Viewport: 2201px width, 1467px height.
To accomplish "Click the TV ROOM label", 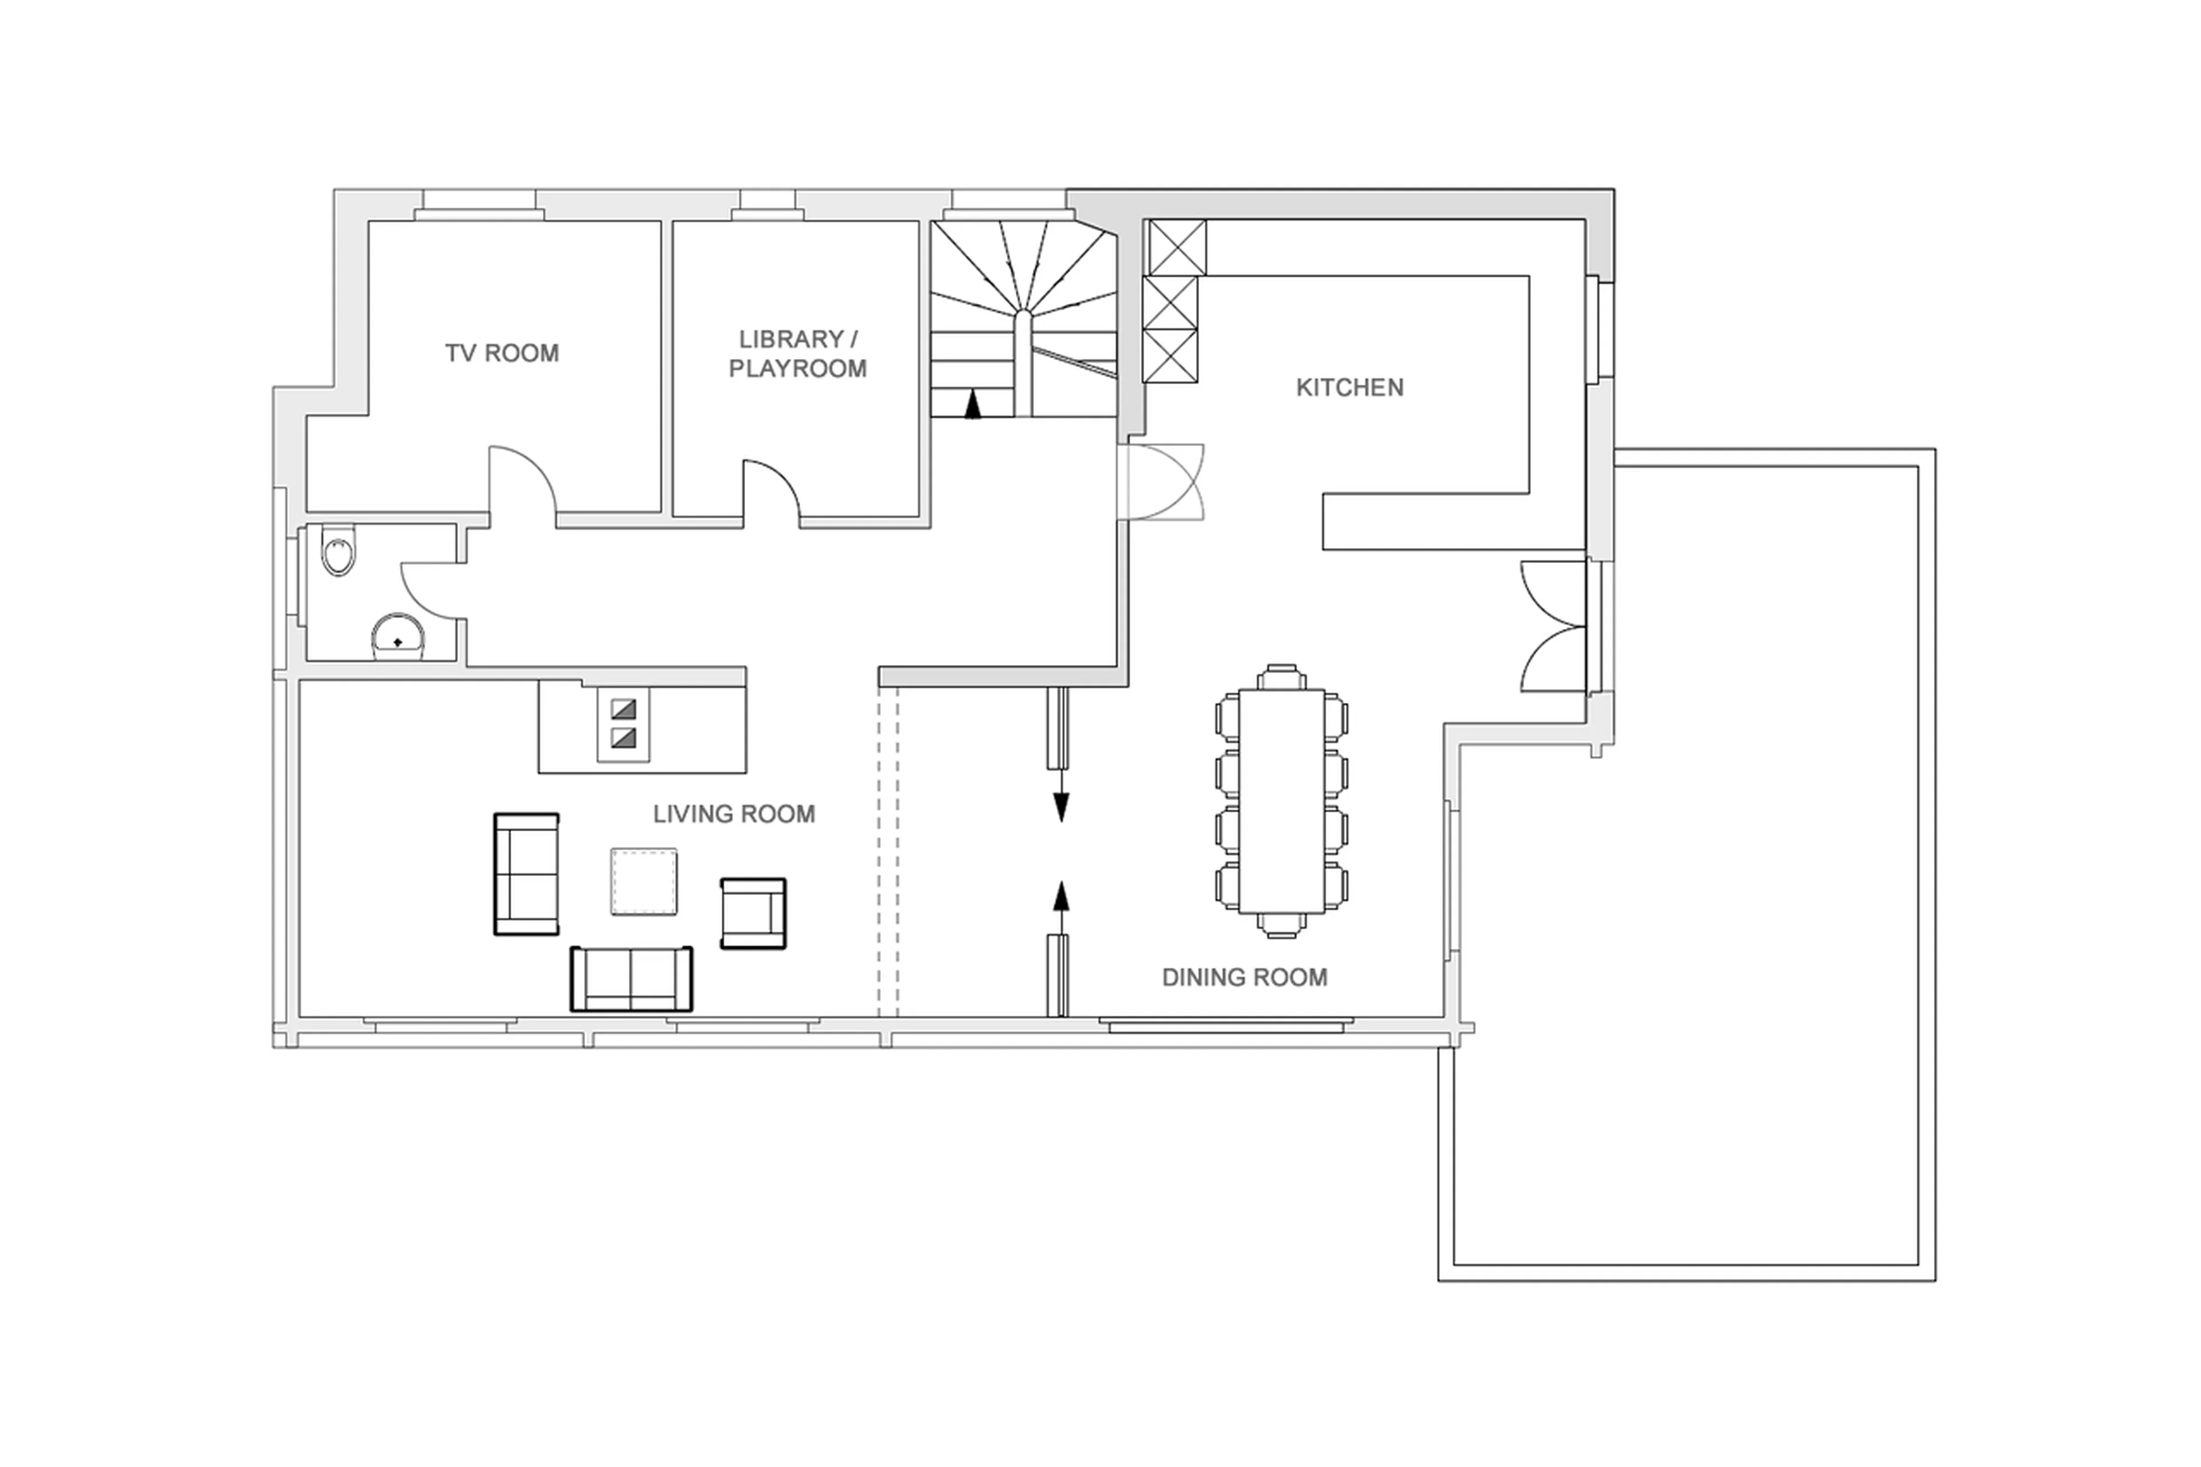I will point(502,354).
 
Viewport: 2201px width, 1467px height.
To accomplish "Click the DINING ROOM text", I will point(1244,977).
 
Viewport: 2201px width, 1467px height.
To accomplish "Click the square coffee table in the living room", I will point(644,881).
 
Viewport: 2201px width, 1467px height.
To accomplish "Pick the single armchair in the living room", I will point(753,913).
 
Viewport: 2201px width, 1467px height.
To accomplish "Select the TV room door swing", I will point(521,479).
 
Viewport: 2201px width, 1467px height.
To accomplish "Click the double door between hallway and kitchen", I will point(1165,482).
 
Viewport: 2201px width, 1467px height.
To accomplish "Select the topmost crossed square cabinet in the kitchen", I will point(1176,247).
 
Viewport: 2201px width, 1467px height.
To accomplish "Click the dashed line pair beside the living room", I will point(888,851).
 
